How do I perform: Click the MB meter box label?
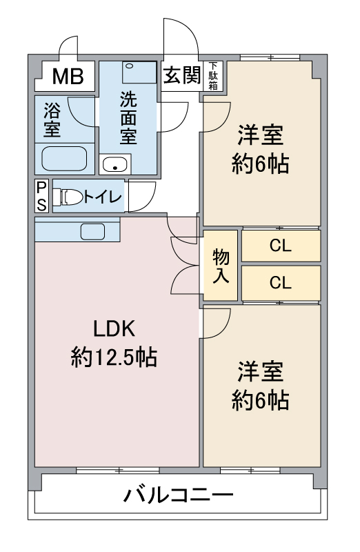(68, 76)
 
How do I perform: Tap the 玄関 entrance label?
(182, 75)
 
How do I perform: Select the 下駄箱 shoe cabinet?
(213, 76)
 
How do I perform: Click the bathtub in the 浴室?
(64, 159)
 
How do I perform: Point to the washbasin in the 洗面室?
(114, 164)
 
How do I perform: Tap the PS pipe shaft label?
(41, 196)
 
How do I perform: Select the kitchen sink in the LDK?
(92, 232)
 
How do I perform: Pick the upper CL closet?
(281, 246)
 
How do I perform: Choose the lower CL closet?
(281, 282)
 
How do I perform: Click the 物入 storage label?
(221, 266)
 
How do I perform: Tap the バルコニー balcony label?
(178, 495)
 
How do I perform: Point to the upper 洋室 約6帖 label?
(261, 149)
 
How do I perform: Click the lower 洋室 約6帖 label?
(261, 386)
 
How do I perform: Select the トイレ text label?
(103, 197)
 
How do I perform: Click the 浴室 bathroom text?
(52, 119)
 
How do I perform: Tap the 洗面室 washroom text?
(128, 118)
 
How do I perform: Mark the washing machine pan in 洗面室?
(139, 72)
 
